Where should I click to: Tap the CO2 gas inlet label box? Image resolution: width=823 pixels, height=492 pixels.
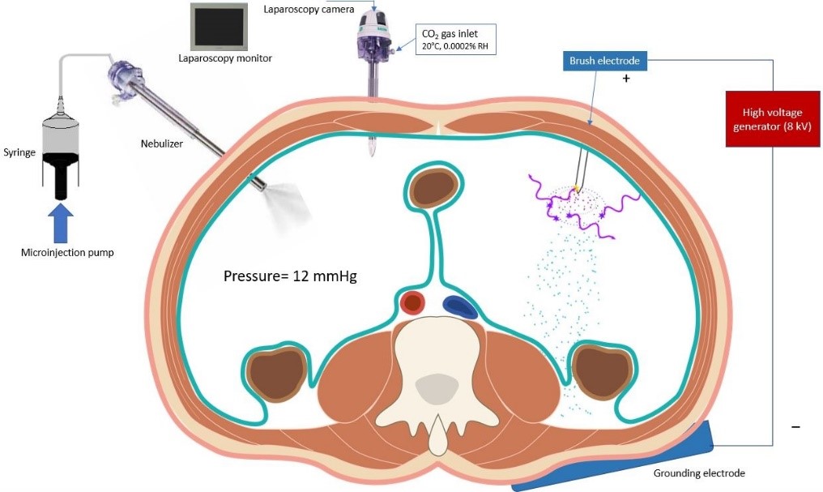(456, 40)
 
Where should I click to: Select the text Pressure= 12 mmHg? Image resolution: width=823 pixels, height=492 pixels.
(290, 276)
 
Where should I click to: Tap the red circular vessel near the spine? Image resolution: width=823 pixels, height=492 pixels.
(412, 304)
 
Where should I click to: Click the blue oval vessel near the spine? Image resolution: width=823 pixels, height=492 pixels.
(459, 306)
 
